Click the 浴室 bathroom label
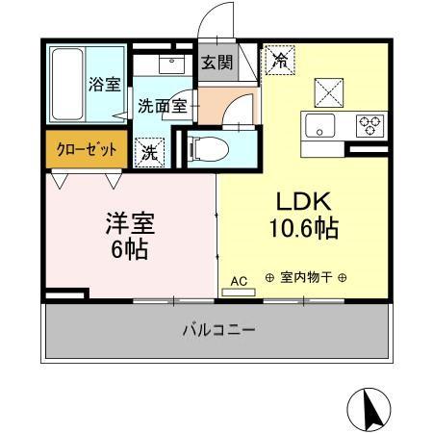pyautogui.click(x=104, y=84)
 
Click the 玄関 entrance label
pyautogui.click(x=216, y=64)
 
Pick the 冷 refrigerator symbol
pyautogui.click(x=280, y=60)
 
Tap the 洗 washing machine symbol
pyautogui.click(x=151, y=150)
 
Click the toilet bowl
pyautogui.click(x=209, y=149)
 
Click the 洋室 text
pyautogui.click(x=129, y=223)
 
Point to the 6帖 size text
pyautogui.click(x=129, y=251)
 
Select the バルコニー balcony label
pyautogui.click(x=218, y=330)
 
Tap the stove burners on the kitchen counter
pyautogui.click(x=368, y=124)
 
